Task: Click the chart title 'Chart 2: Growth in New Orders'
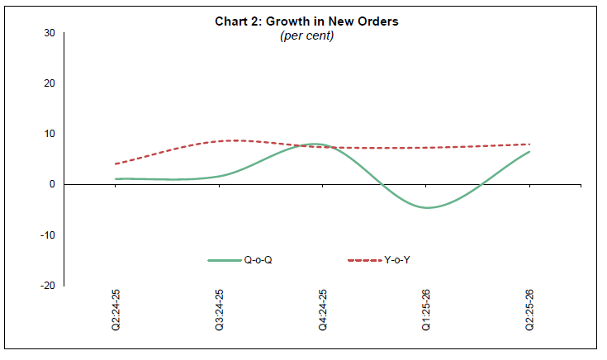tap(303, 21)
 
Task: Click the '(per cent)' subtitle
tap(303, 36)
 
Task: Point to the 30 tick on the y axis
tap(50, 33)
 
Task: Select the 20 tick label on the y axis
tap(50, 83)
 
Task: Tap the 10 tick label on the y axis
tap(50, 134)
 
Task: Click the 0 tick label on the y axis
tap(52, 184)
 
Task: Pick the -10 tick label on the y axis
tap(48, 234)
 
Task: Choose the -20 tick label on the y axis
tap(48, 285)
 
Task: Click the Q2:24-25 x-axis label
tap(116, 310)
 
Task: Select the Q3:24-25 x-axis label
tap(220, 310)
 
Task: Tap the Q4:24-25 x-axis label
tap(323, 310)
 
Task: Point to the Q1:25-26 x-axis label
tap(426, 310)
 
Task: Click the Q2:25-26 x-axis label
tap(529, 310)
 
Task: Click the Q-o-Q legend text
tap(258, 261)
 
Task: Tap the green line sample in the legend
tap(224, 261)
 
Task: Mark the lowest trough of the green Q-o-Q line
tap(427, 207)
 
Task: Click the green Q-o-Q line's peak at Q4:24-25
tap(319, 144)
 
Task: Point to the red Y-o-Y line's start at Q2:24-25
tap(116, 163)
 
